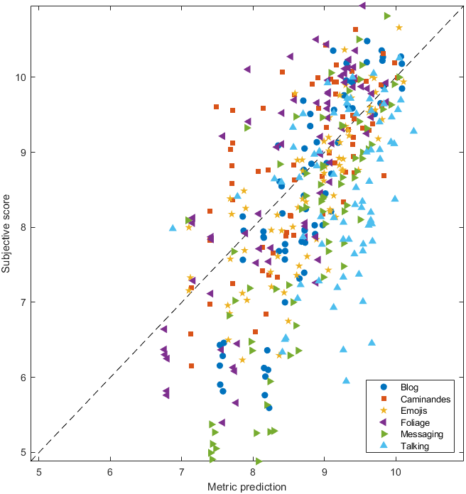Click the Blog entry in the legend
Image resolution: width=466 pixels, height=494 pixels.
pyautogui.click(x=409, y=388)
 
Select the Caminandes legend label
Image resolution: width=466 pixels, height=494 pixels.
pyautogui.click(x=426, y=400)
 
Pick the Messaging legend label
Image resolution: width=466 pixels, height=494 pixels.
pyautogui.click(x=422, y=434)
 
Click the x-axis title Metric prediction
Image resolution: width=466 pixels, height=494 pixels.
pyautogui.click(x=247, y=487)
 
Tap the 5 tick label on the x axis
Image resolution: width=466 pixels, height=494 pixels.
pyautogui.click(x=39, y=473)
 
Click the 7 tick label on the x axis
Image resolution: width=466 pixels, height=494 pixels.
pyautogui.click(x=182, y=473)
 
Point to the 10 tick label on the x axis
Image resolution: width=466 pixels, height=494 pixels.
pyautogui.click(x=396, y=473)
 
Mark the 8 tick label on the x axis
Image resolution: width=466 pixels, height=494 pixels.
pyautogui.click(x=253, y=473)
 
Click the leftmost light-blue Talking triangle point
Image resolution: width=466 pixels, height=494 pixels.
pyautogui.click(x=173, y=228)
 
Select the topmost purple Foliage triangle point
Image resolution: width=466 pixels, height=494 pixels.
pyautogui.click(x=362, y=5)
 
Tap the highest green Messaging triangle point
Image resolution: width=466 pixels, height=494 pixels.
pyautogui.click(x=387, y=16)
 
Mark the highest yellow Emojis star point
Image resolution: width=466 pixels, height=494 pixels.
pyautogui.click(x=399, y=28)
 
